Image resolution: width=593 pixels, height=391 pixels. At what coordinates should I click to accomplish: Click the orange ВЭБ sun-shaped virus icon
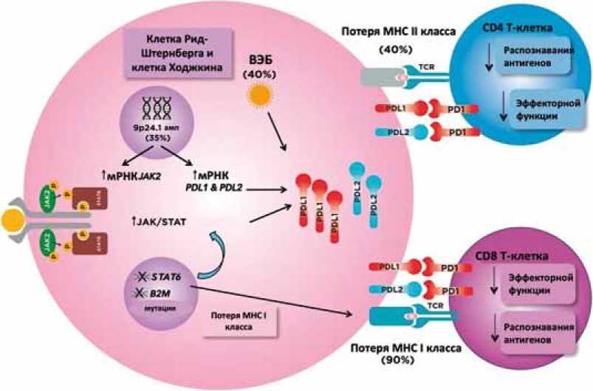pos(260,94)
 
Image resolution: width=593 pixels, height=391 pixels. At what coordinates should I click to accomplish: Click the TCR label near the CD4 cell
pos(427,66)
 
